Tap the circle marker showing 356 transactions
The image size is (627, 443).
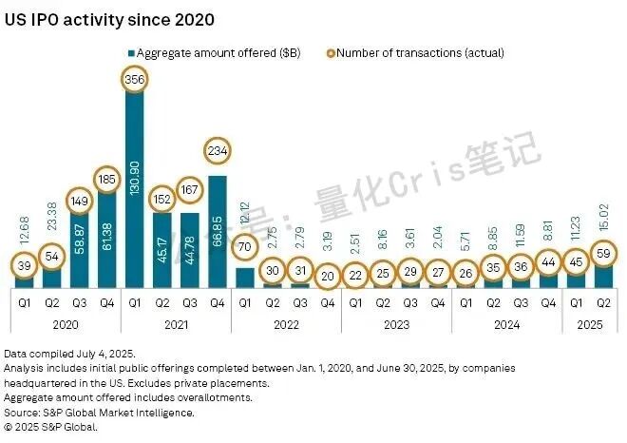tap(136, 82)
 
